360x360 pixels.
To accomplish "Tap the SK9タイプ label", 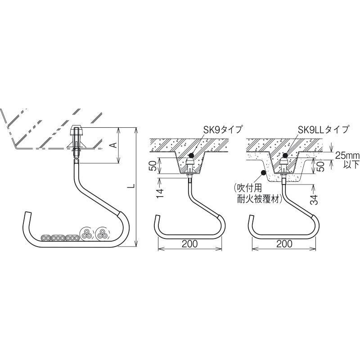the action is pos(223,130).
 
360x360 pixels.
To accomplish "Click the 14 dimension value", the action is pos(161,193).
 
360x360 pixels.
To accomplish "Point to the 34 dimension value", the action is pos(315,199).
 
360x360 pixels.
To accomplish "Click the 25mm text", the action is pos(347,156).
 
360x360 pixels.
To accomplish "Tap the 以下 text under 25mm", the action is pos(351,164).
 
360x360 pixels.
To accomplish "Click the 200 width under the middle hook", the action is pos(189,244).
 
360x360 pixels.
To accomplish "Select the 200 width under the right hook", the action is pos(284,244).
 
